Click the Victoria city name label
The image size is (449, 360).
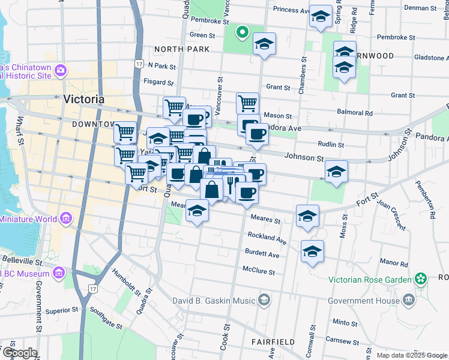[83, 100]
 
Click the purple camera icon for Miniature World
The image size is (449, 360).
[65, 217]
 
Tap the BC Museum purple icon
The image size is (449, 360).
[59, 274]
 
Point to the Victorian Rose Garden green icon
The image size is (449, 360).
[421, 279]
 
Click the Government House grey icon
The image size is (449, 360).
[409, 299]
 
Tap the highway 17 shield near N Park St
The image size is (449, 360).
[139, 64]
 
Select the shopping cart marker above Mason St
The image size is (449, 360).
[247, 103]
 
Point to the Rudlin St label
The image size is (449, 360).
[331, 145]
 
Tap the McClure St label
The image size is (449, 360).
[259, 272]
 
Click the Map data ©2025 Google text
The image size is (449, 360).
[411, 355]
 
